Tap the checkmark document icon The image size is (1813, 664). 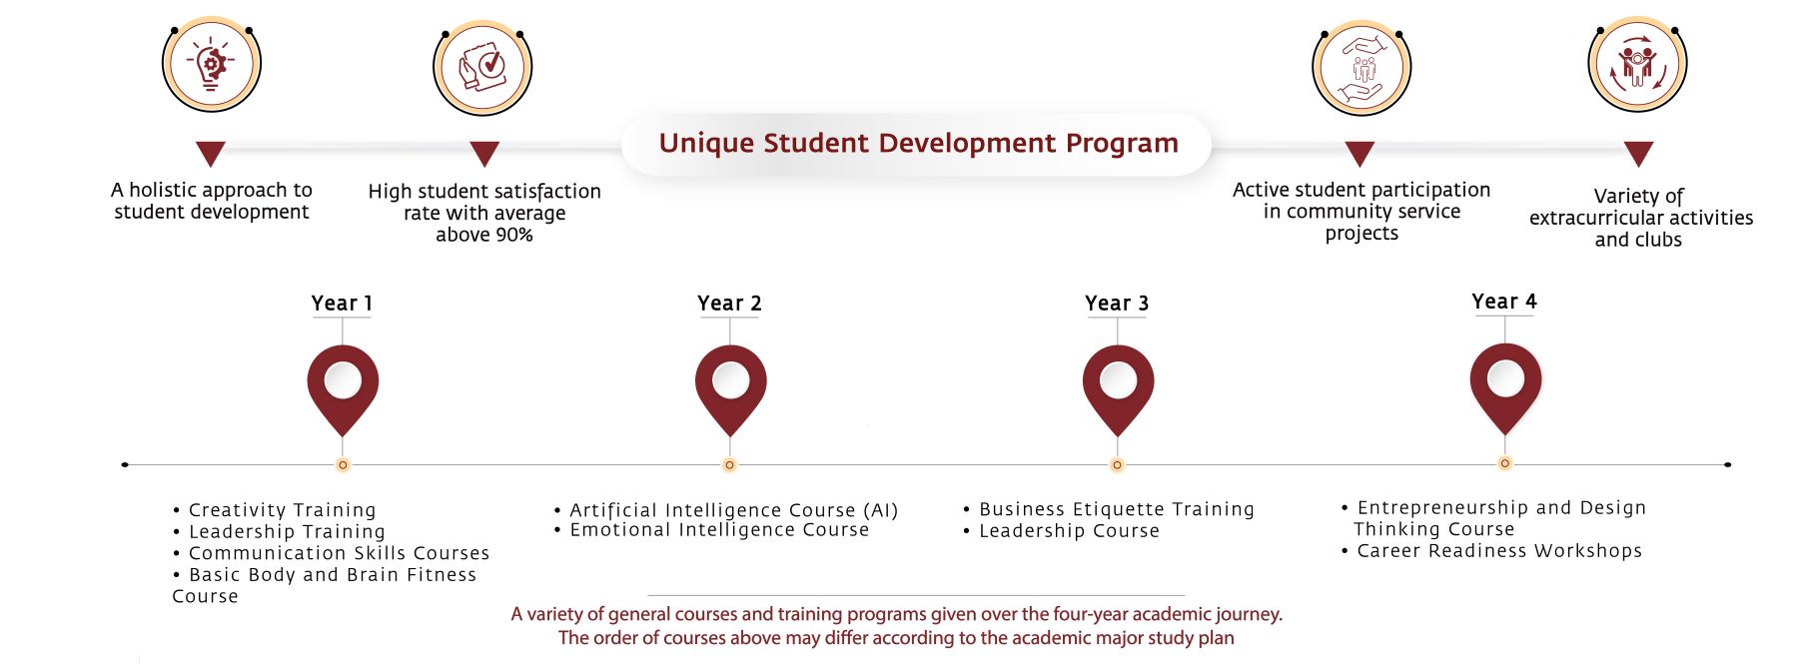482,68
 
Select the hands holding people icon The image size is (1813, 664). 1361,68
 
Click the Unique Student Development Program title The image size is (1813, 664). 919,144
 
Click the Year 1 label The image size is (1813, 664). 342,304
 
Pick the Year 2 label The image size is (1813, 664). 729,304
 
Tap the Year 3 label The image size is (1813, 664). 1117,304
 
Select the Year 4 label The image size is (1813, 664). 1504,302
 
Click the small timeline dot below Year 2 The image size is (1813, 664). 730,465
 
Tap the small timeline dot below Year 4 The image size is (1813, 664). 1505,463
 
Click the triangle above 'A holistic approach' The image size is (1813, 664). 211,153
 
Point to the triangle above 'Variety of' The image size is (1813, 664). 1638,153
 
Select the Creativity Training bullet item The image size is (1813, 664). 275,510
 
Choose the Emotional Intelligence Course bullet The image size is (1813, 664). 712,530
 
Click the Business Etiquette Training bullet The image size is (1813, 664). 1109,509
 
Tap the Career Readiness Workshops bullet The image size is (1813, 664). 1491,551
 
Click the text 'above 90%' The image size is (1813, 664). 484,235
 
